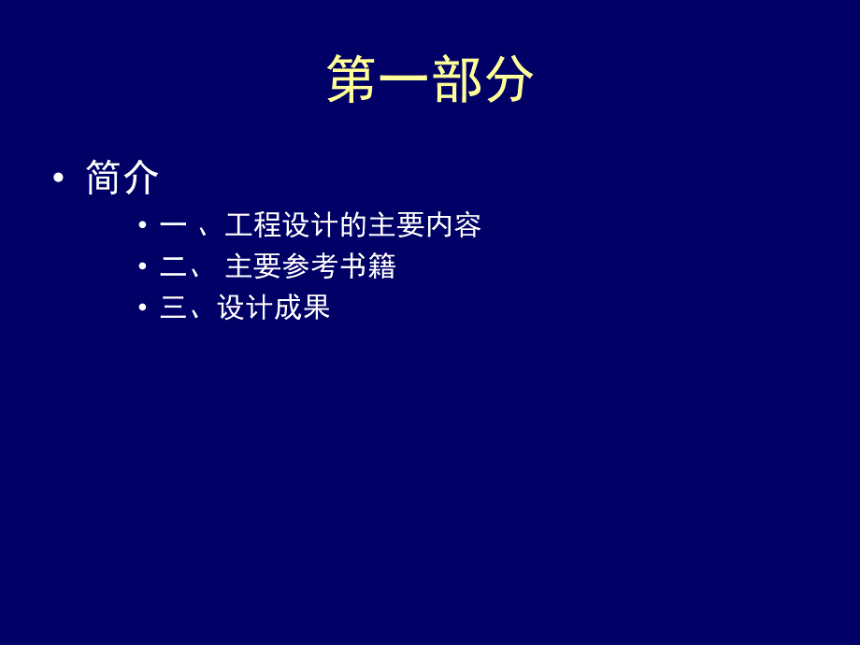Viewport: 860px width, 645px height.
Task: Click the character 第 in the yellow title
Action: click(x=352, y=79)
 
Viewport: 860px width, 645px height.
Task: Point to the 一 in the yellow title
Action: click(x=405, y=79)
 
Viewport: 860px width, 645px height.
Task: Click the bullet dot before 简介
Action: click(x=60, y=179)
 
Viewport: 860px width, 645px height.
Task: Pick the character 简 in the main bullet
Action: click(x=103, y=178)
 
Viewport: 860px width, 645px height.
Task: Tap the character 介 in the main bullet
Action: click(x=140, y=178)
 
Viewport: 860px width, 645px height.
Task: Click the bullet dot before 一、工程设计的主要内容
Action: click(x=143, y=225)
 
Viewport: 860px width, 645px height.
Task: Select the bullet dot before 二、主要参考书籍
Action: click(x=143, y=266)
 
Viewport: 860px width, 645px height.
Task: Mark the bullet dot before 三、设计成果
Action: click(x=143, y=308)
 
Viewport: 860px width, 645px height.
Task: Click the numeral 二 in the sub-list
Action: click(x=174, y=266)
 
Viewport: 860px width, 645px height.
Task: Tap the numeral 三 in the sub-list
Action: click(x=174, y=308)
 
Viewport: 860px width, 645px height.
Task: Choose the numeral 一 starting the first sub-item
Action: click(x=174, y=225)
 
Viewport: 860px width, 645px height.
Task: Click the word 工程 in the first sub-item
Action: click(x=253, y=225)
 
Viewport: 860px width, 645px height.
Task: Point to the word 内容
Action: click(x=453, y=225)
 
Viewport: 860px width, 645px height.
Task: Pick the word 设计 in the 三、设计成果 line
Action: click(x=245, y=308)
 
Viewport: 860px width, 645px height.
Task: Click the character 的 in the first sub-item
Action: click(x=353, y=225)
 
